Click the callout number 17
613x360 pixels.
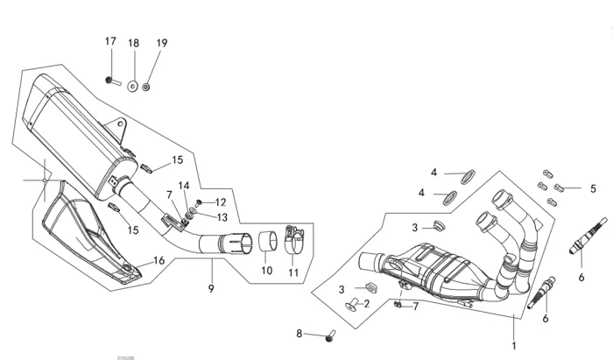pos(110,41)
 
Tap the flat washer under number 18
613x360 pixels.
pos(133,86)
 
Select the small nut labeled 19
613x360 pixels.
pos(146,87)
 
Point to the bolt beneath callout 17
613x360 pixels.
pos(113,81)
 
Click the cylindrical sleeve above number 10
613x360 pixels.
pos(268,241)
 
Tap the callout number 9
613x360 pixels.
pos(211,289)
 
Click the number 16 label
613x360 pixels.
pos(159,260)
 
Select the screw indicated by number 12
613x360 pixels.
pos(198,203)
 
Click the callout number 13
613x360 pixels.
pos(222,217)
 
